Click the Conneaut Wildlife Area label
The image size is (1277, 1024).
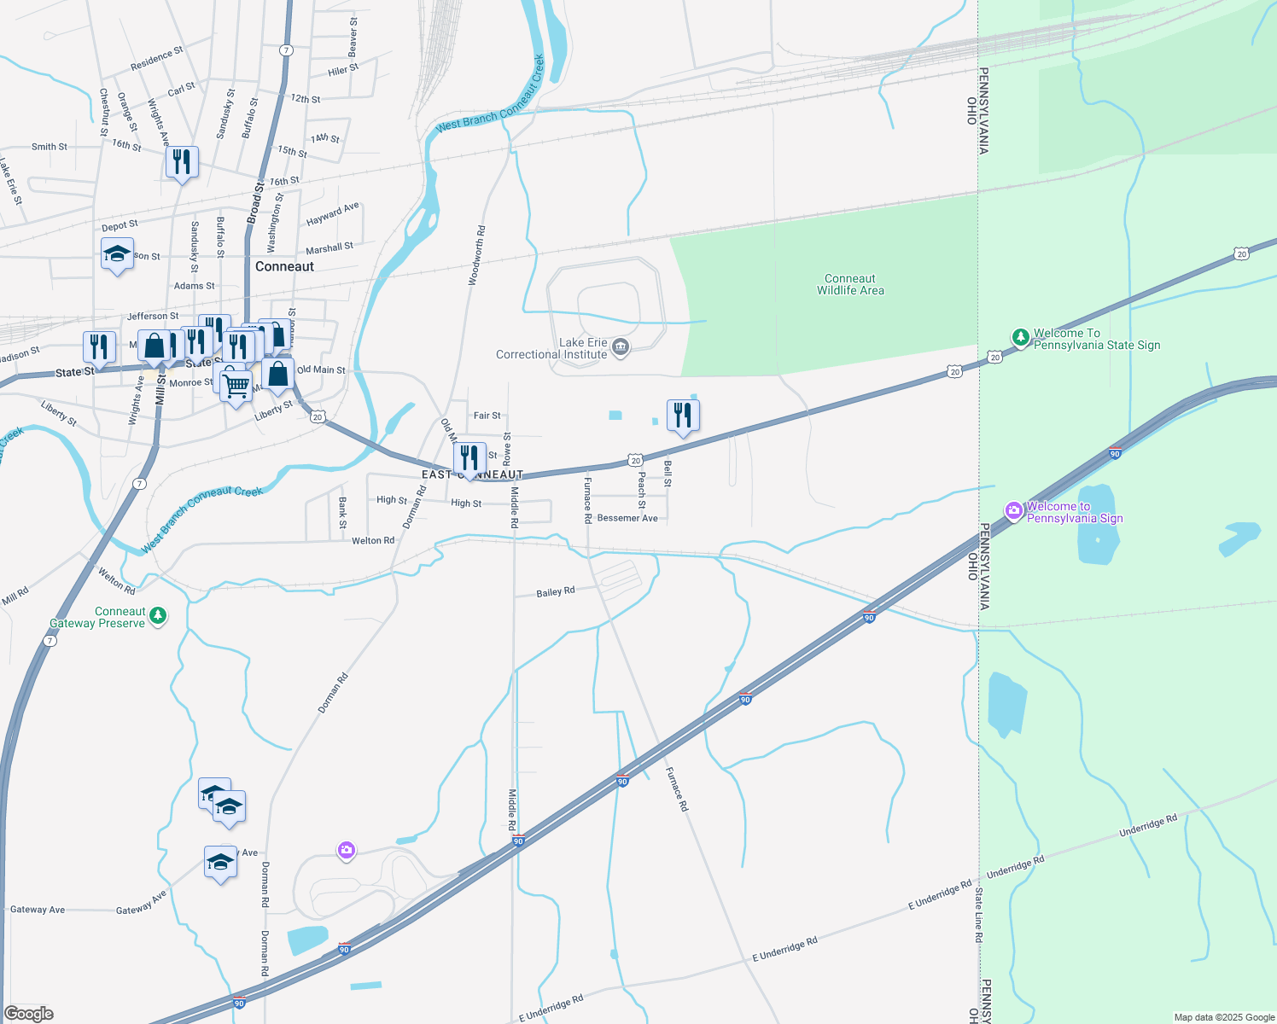coord(850,284)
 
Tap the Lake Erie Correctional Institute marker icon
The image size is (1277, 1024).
coord(621,346)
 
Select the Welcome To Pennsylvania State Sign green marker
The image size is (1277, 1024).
coord(1020,338)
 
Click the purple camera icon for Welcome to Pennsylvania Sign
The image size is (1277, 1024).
coord(1014,511)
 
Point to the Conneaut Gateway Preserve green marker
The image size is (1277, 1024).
coord(158,616)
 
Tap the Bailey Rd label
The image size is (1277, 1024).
coord(555,591)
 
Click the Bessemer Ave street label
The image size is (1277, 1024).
coord(627,518)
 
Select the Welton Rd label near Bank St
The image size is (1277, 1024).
coord(373,540)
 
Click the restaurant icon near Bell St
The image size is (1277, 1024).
coord(683,416)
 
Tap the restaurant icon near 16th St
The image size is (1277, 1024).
coord(183,161)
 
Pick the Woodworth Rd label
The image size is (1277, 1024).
coord(476,254)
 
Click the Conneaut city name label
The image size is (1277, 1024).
coord(284,266)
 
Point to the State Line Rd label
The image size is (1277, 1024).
coord(979,914)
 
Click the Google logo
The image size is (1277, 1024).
coord(29,1014)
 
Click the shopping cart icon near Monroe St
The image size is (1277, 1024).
coord(236,384)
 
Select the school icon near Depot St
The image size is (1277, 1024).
coord(118,253)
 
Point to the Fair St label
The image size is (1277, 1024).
coord(487,416)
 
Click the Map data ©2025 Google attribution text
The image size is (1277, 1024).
coord(1224,1017)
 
